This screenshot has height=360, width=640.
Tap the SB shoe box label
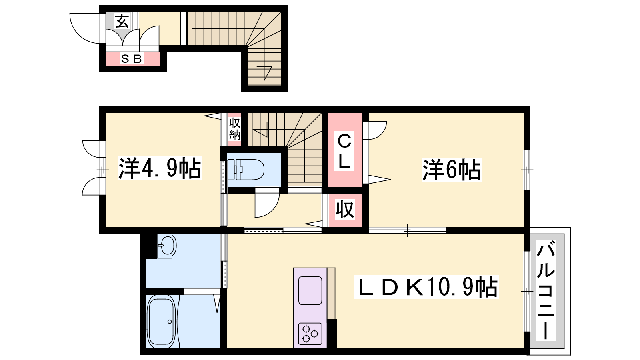(x=132, y=59)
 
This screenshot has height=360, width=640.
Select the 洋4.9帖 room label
(x=160, y=168)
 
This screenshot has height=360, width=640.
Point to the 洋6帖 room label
(x=452, y=170)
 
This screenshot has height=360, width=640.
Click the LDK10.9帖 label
(x=426, y=287)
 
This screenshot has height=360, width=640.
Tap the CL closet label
(x=344, y=151)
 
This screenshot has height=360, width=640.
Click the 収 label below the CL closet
(x=345, y=210)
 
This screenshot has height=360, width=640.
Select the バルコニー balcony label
(x=546, y=290)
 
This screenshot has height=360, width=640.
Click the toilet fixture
(x=246, y=170)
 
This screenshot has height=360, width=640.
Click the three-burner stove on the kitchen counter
(x=310, y=334)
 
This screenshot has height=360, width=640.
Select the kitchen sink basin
(x=310, y=290)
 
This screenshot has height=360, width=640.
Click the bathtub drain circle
(x=170, y=322)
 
